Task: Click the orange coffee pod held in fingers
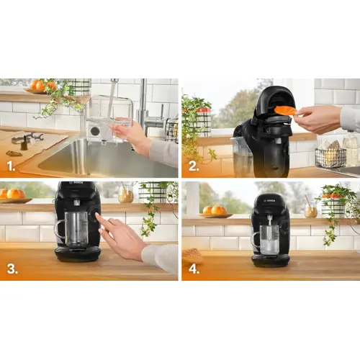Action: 285,110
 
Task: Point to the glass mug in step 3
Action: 74,229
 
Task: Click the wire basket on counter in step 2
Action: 330,157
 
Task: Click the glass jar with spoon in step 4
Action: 310,210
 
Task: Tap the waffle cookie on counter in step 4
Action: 191,256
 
